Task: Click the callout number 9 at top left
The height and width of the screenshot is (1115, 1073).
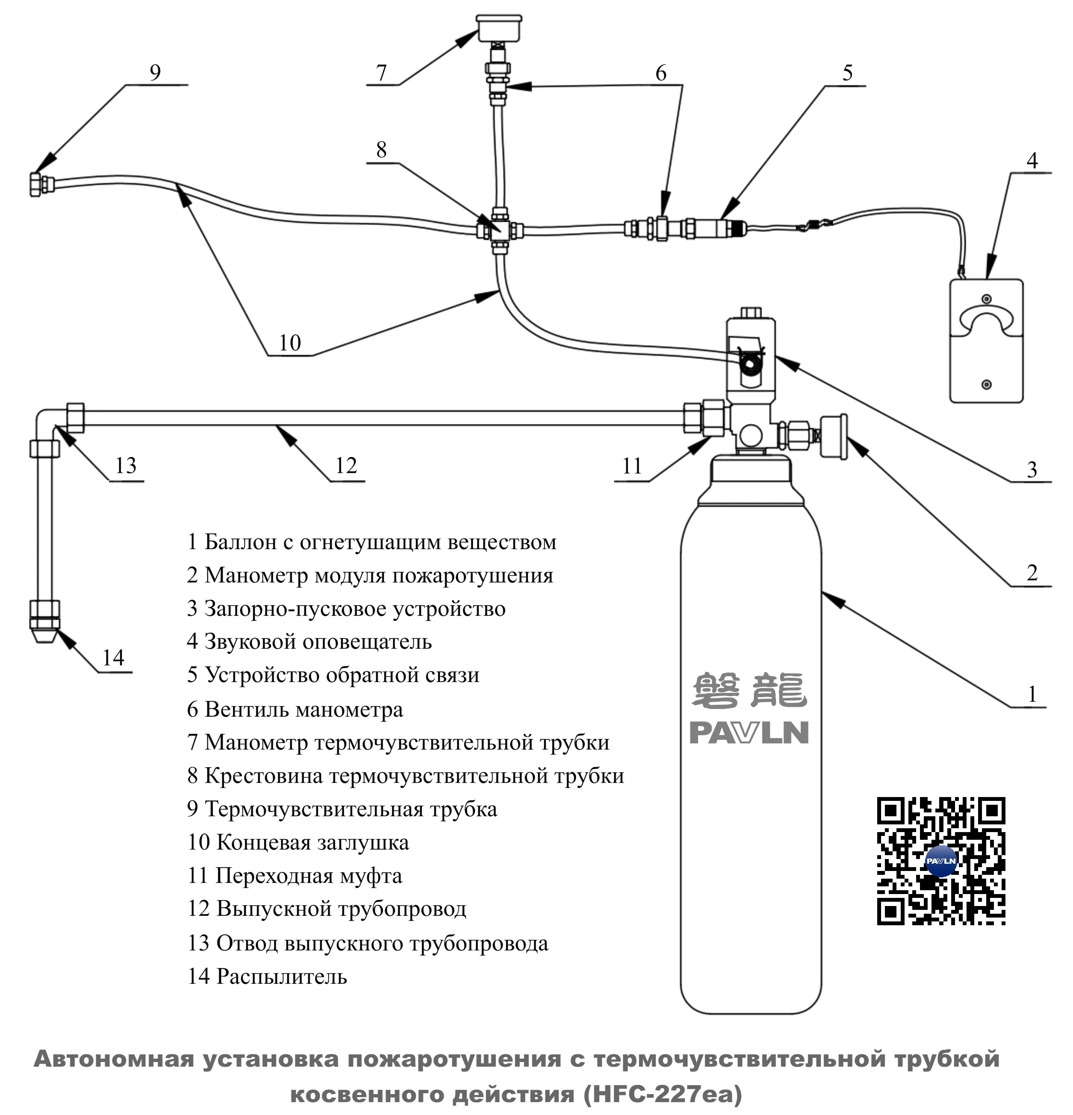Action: (x=155, y=73)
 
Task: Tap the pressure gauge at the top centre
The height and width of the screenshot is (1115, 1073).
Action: (x=499, y=27)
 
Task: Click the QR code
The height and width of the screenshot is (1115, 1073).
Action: (x=940, y=861)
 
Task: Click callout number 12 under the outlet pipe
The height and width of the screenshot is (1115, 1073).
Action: (x=346, y=465)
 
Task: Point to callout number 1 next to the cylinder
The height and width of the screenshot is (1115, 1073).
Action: (x=1032, y=694)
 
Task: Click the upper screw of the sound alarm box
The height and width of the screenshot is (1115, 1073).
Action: (x=987, y=299)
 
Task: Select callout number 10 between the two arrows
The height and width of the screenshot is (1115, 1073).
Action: (x=289, y=343)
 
